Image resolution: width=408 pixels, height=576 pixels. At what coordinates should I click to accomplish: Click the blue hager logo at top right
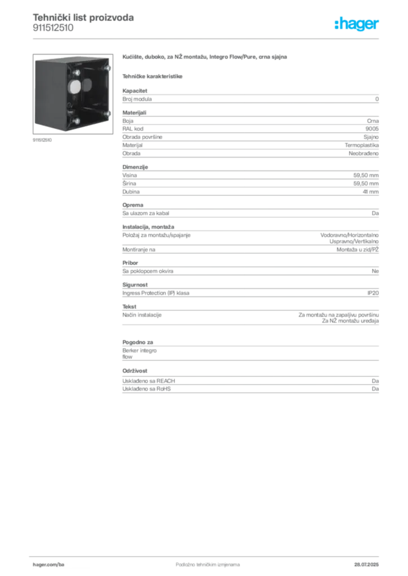tap(357, 25)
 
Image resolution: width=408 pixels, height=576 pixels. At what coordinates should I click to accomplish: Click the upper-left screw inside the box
tap(73, 72)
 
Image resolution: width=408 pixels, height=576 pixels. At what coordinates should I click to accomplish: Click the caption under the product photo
tap(43, 140)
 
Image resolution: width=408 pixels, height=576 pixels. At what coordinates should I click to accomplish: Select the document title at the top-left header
tap(83, 18)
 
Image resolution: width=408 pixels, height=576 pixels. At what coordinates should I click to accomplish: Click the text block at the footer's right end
tap(370, 563)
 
